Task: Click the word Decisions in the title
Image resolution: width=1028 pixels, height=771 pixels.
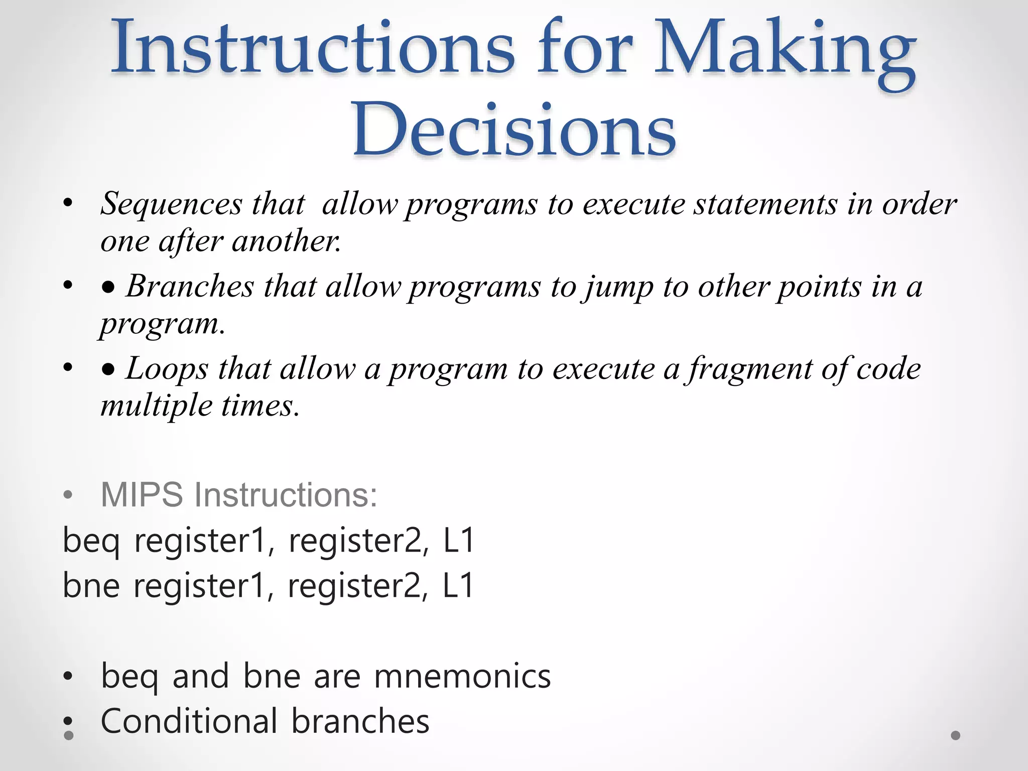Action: [514, 130]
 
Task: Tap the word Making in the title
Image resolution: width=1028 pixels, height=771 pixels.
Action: [785, 50]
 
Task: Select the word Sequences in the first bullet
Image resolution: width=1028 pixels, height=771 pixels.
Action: [171, 204]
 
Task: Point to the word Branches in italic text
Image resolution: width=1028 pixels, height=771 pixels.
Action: [190, 287]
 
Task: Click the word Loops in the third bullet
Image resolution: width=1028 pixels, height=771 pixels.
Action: [166, 368]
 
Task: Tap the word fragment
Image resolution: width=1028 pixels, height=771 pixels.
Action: [750, 369]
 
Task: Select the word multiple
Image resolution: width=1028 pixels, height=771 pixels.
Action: [156, 406]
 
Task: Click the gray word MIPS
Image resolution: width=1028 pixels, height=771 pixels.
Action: [142, 495]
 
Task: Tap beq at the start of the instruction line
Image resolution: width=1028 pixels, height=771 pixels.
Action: [91, 542]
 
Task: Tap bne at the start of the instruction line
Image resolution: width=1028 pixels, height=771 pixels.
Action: [91, 586]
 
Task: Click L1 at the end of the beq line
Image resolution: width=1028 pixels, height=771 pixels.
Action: [458, 541]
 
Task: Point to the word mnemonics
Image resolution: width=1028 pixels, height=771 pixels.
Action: [462, 676]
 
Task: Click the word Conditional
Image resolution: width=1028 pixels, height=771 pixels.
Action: [189, 721]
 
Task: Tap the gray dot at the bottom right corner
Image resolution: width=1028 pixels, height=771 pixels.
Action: [956, 735]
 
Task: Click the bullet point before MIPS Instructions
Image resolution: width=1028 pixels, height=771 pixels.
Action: [68, 495]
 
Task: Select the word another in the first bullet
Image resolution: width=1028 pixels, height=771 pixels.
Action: [286, 241]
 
